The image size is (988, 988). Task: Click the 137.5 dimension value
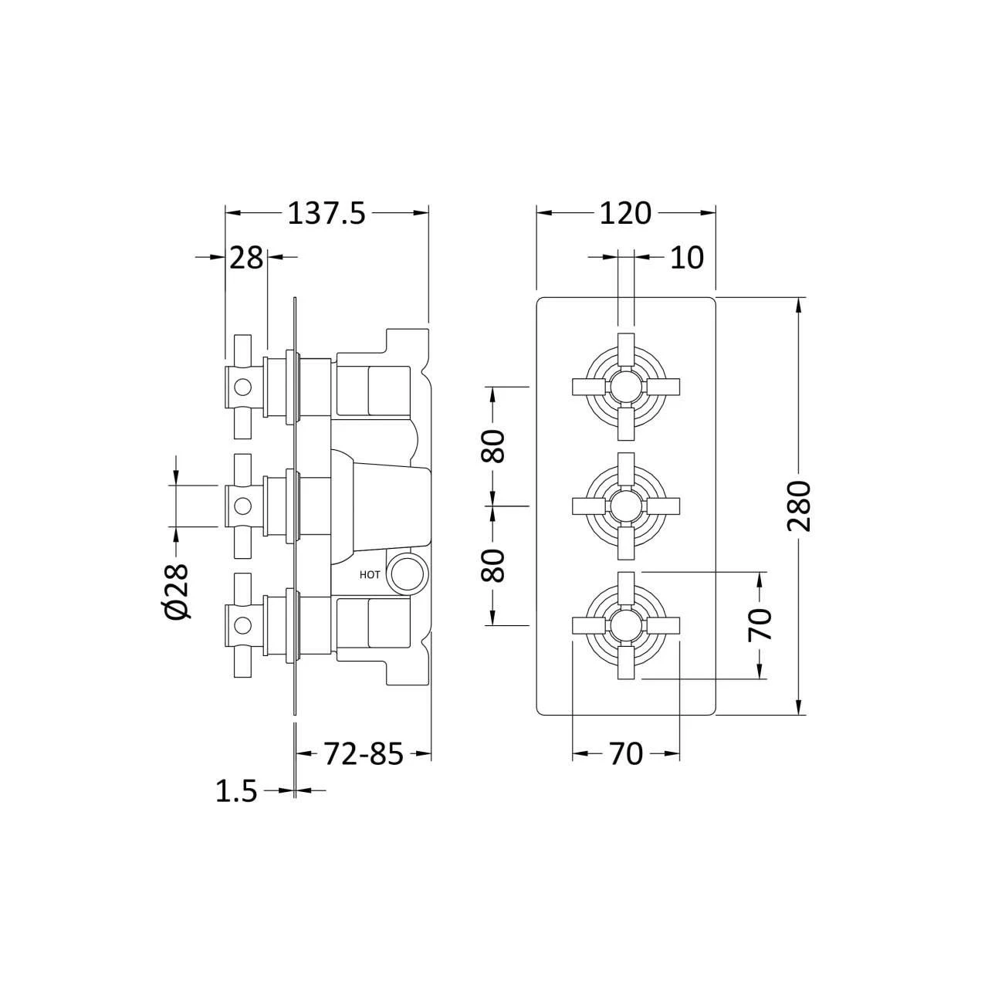[326, 213]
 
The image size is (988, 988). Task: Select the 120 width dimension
[625, 213]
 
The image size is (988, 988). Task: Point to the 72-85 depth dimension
[362, 754]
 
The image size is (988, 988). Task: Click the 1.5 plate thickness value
[236, 791]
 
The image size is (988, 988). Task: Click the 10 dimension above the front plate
[686, 258]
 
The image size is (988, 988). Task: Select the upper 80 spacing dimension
[494, 445]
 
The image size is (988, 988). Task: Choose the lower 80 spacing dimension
[494, 565]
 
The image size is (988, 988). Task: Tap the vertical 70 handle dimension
[761, 625]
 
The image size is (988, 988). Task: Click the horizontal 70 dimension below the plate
[625, 754]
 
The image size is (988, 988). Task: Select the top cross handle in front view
[625, 385]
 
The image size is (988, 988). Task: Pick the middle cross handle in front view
[625, 506]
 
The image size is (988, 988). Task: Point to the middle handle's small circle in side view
[243, 506]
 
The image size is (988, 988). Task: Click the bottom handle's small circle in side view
[243, 626]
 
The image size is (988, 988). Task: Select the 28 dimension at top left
[246, 258]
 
